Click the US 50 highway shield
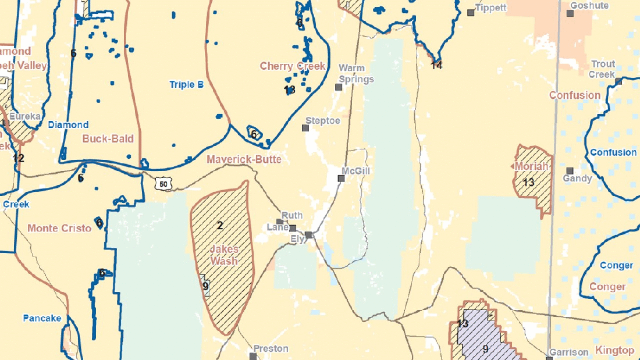[162, 184]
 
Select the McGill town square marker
[342, 179]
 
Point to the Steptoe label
[322, 120]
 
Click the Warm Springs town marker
[338, 87]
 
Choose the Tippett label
[491, 8]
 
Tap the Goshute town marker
[570, 13]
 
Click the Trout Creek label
[602, 69]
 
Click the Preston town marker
[253, 355]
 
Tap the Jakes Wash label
[224, 255]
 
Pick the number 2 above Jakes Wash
[220, 225]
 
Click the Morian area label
[531, 167]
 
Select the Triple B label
[186, 84]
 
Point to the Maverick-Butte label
[244, 159]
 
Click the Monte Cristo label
[59, 228]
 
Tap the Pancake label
[42, 318]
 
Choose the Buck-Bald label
[108, 139]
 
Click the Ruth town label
[292, 215]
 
